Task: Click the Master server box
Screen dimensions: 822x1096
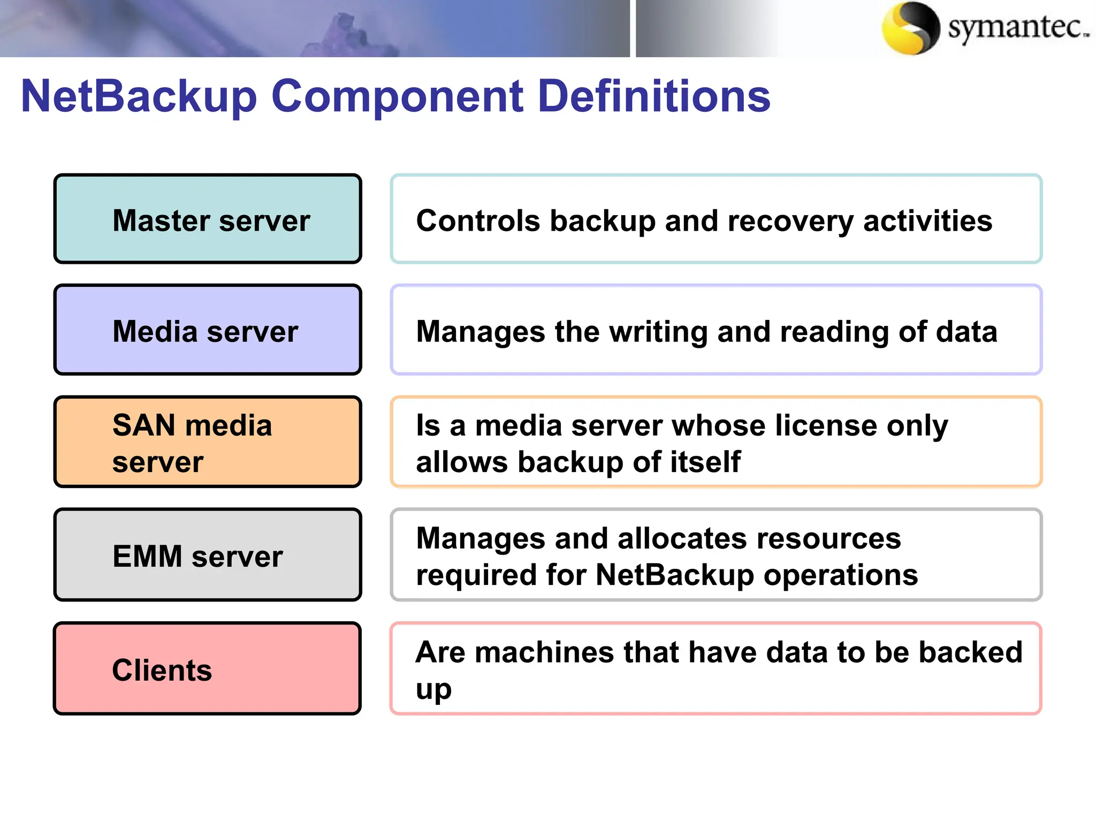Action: point(208,219)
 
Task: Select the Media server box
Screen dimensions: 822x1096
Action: point(208,330)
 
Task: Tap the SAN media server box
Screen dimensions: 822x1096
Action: point(208,442)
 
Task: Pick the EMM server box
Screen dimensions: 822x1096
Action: point(208,555)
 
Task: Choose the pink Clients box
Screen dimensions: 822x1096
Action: point(208,669)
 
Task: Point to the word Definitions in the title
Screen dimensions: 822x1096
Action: point(654,96)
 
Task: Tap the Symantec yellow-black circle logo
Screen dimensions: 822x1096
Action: point(910,28)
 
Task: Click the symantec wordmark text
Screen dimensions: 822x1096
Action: point(1017,27)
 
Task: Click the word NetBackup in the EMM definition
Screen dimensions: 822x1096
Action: point(675,575)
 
